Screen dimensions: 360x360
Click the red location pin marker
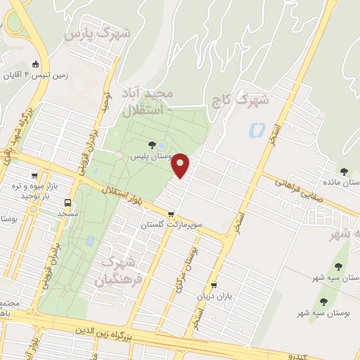[x=181, y=165]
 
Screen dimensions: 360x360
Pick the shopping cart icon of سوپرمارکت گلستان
[x=171, y=214]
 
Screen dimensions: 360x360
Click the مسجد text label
[x=67, y=213]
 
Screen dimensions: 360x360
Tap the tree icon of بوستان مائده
[x=344, y=172]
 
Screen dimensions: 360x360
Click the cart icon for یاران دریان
[x=214, y=285]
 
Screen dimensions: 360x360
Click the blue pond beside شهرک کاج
[x=256, y=130]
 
